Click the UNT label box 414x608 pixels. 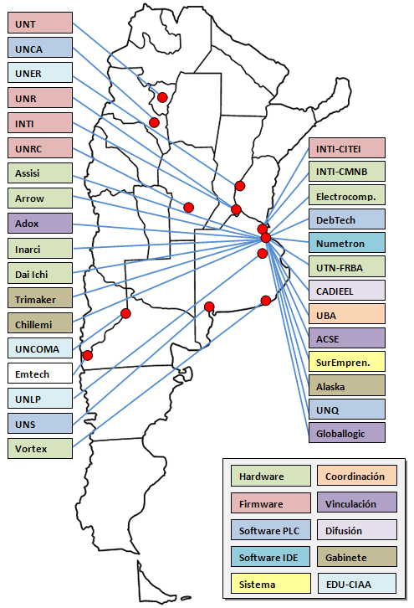[x=40, y=23]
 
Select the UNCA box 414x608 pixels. [x=40, y=48]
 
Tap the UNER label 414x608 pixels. [x=40, y=73]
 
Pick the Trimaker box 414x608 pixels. [x=40, y=298]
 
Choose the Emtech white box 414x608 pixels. [x=40, y=373]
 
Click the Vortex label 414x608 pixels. [x=40, y=448]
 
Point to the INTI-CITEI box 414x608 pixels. [x=347, y=147]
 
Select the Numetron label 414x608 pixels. [x=347, y=242]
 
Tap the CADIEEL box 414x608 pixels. [x=347, y=290]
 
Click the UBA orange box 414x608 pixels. [x=347, y=314]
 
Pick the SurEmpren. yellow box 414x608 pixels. [x=347, y=362]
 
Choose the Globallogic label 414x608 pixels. [x=347, y=432]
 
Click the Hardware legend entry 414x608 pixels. [x=271, y=476]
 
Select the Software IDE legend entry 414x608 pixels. [x=271, y=557]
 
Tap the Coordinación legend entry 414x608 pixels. [x=357, y=476]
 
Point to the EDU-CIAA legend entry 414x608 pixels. [x=357, y=584]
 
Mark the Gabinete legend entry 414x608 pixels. [x=357, y=557]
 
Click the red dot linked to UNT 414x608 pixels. [x=162, y=97]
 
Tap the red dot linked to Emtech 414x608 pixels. [x=88, y=355]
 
